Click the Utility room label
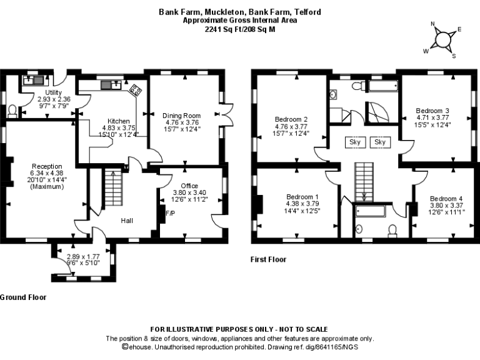pos(45,92)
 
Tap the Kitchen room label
pos(119,121)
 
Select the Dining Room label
pos(182,116)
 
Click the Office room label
pos(189,186)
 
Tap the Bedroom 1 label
pos(298,196)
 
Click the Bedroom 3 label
pos(433,111)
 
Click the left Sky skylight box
pos(355,142)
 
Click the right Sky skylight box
pos(380,142)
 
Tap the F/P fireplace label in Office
pos(169,213)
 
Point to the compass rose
pos(443,39)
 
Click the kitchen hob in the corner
pos(135,90)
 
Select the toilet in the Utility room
pos(12,110)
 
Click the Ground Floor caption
pos(22,297)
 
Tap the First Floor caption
pos(268,259)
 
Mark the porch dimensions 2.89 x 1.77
pos(82,256)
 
